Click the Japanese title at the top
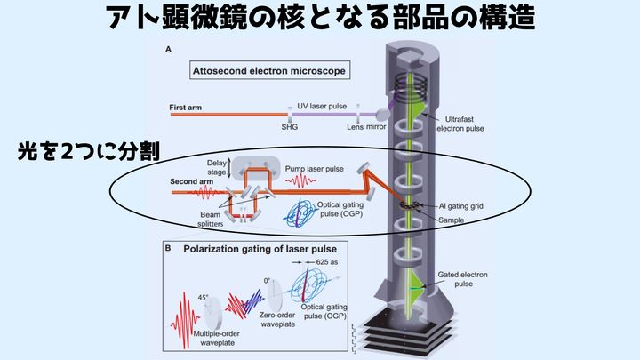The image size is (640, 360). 319,20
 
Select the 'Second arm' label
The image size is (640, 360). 189,181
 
